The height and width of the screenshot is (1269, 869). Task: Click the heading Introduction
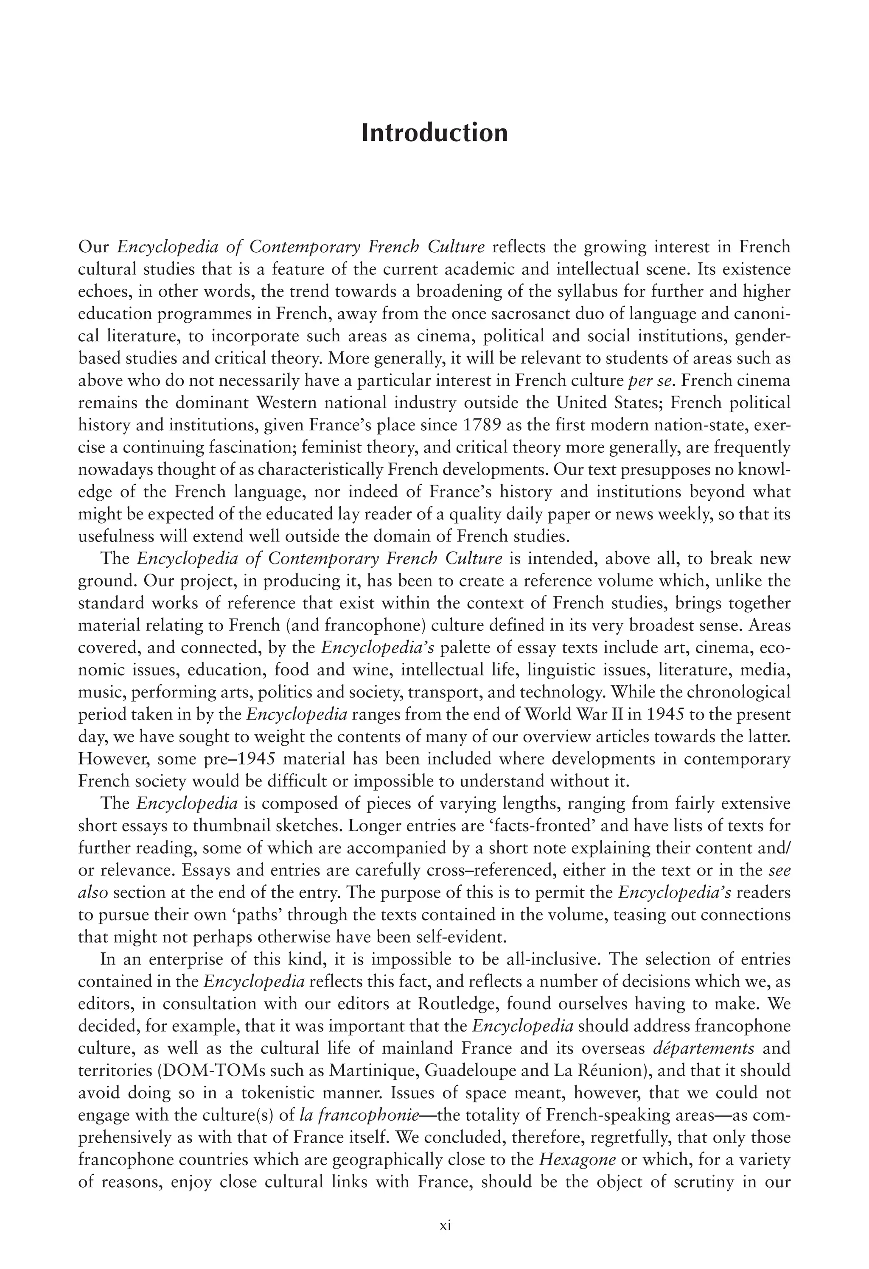tap(434, 133)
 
